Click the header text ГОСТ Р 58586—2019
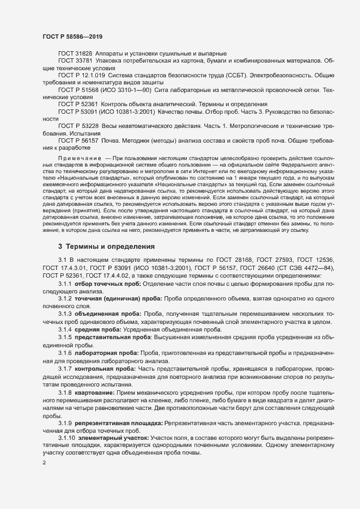pyautogui.click(x=72, y=36)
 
